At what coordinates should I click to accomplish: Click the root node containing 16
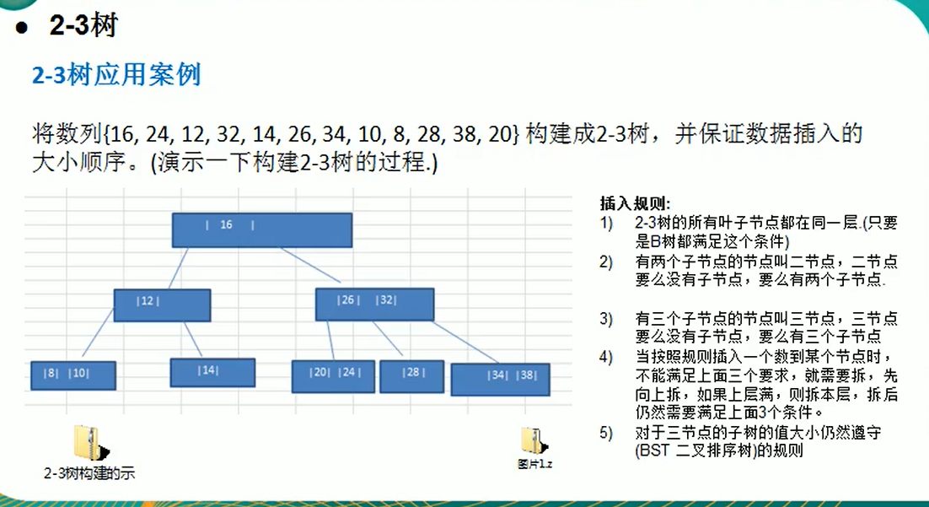pyautogui.click(x=262, y=229)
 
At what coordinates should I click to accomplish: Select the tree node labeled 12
pyautogui.click(x=162, y=305)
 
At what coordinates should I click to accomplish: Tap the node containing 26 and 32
pyautogui.click(x=374, y=305)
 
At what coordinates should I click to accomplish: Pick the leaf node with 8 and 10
pyautogui.click(x=73, y=375)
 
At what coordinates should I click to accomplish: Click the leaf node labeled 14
pyautogui.click(x=212, y=372)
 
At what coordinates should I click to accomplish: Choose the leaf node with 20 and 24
pyautogui.click(x=333, y=376)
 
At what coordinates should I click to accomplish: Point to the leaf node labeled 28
pyautogui.click(x=412, y=376)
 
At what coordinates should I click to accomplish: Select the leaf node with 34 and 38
pyautogui.click(x=501, y=380)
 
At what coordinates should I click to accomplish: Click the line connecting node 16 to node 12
pyautogui.click(x=176, y=268)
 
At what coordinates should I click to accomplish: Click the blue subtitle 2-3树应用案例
pyautogui.click(x=116, y=76)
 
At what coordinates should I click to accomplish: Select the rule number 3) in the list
pyautogui.click(x=606, y=319)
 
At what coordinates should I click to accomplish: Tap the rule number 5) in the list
pyautogui.click(x=606, y=434)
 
